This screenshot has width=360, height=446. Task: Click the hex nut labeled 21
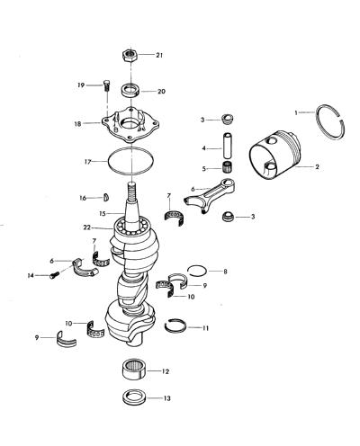point(130,55)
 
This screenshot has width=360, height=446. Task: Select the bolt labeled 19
point(106,85)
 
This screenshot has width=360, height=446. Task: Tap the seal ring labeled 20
point(130,90)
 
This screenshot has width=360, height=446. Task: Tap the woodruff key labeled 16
point(106,197)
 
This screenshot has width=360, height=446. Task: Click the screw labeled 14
point(53,275)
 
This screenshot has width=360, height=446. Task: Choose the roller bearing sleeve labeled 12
point(134,370)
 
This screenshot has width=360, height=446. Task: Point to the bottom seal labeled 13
point(134,397)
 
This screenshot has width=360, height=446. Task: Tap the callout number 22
point(87,227)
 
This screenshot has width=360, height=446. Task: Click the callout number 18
point(77,123)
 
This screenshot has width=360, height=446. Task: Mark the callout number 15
point(103,214)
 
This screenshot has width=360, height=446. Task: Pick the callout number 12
point(166,371)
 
